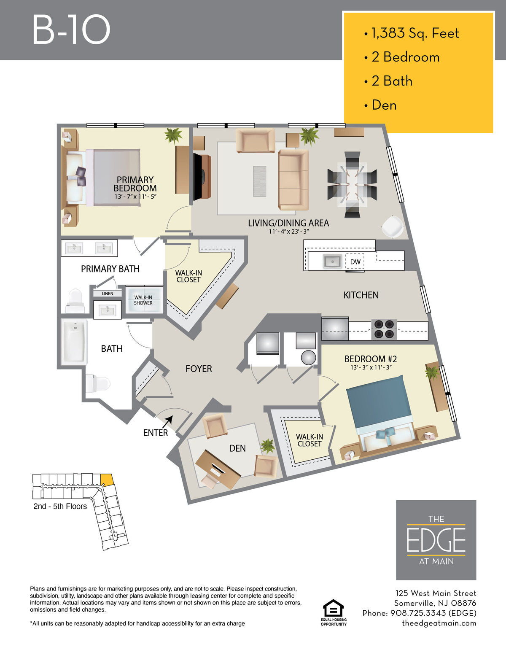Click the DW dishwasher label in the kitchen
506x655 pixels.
355,261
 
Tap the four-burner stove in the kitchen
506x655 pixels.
384,329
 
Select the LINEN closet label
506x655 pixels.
108,294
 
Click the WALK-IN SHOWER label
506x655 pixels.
143,300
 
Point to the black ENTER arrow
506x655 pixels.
168,421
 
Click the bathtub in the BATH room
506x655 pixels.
74,342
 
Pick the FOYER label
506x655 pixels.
199,369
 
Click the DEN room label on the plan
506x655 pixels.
237,448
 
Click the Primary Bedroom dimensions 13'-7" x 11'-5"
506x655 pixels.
135,197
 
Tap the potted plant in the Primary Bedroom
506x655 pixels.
173,135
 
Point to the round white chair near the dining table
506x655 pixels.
393,226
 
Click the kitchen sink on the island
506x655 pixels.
332,261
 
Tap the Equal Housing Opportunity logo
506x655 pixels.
333,612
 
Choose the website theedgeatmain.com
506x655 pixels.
439,623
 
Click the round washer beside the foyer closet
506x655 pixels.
308,358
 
